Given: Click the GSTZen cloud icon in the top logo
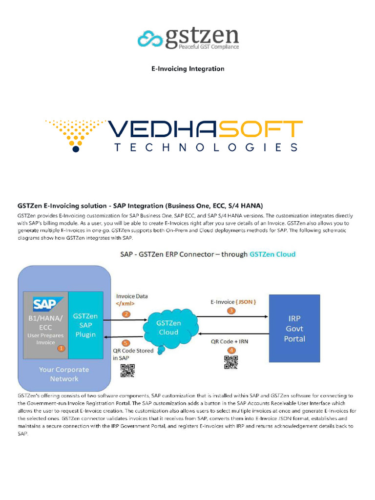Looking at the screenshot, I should pos(150,38).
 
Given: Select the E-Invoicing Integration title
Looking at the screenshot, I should pos(187,69).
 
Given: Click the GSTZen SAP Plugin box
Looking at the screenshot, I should pos(85,325).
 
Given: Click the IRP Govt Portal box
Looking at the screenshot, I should pos(294,328).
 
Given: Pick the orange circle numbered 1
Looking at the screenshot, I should pos(61,348).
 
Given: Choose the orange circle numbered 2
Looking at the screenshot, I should pos(126,314).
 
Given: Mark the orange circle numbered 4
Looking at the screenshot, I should pos(231,350).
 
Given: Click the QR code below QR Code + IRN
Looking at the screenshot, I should pos(231,363).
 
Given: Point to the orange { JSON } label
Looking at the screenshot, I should pos(246,302).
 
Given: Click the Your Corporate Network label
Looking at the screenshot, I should pos(63,374).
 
